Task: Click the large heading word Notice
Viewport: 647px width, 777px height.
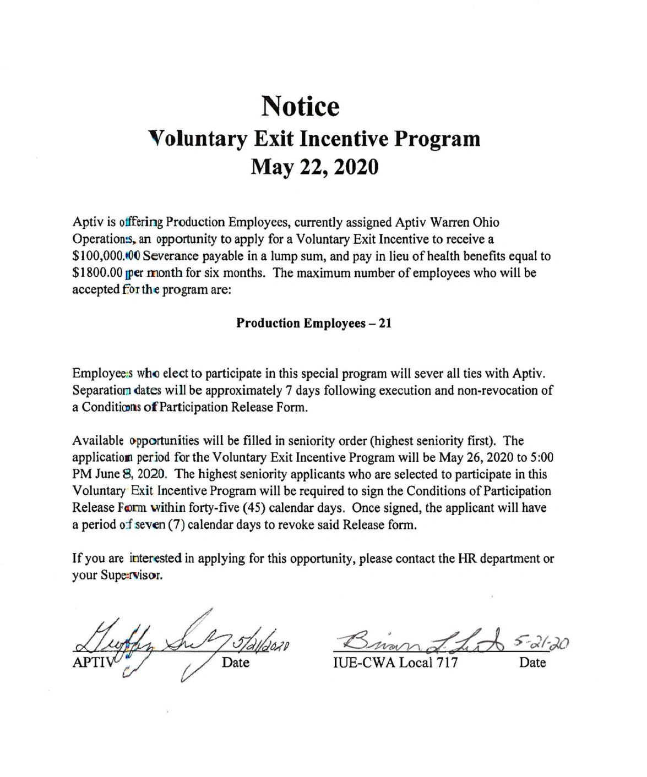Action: [x=300, y=106]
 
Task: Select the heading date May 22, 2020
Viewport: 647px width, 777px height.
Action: [x=314, y=165]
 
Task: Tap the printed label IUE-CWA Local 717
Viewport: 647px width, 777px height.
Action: [x=395, y=663]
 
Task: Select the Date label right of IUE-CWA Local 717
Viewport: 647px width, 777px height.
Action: [x=532, y=663]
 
